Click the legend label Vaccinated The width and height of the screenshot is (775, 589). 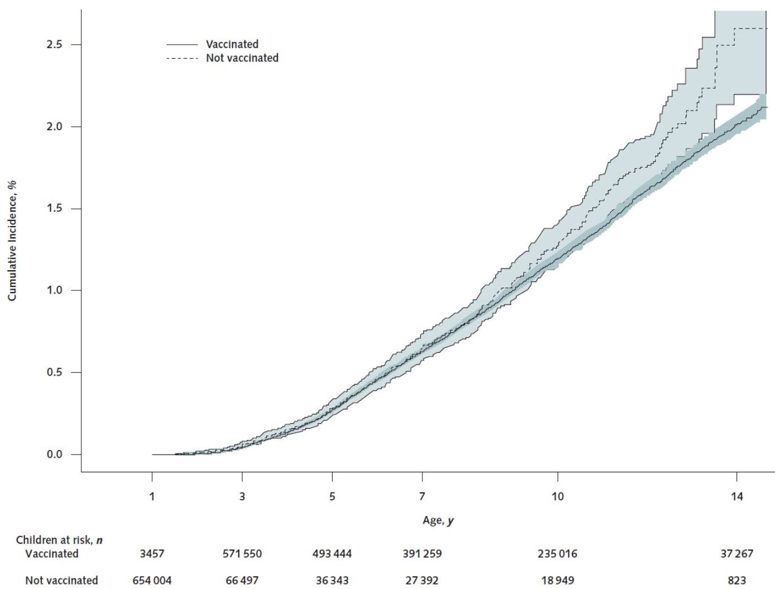(x=232, y=44)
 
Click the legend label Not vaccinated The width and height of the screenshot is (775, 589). (x=242, y=58)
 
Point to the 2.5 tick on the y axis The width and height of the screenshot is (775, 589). (x=55, y=45)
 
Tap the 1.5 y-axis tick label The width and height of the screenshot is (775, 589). (x=55, y=209)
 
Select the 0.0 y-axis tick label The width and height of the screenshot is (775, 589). (x=55, y=454)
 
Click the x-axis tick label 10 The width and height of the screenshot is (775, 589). (x=557, y=496)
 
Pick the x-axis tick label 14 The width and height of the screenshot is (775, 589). (x=737, y=496)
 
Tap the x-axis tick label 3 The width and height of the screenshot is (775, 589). (x=242, y=496)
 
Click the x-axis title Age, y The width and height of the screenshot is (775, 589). (x=438, y=521)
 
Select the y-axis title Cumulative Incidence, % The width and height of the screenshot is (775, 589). (x=12, y=240)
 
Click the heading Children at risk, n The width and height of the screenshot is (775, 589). (x=59, y=540)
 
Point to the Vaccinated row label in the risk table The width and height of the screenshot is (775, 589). (x=52, y=554)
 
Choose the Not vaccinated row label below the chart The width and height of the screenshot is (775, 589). (x=61, y=581)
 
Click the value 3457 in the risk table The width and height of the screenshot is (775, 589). (x=152, y=554)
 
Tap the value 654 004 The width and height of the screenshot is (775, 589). (x=152, y=581)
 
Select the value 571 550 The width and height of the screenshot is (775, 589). (x=242, y=554)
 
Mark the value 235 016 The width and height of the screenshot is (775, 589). (x=557, y=554)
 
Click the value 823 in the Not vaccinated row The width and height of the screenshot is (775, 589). (x=737, y=581)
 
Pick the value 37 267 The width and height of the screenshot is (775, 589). (x=737, y=554)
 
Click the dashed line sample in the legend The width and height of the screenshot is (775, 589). (x=182, y=59)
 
